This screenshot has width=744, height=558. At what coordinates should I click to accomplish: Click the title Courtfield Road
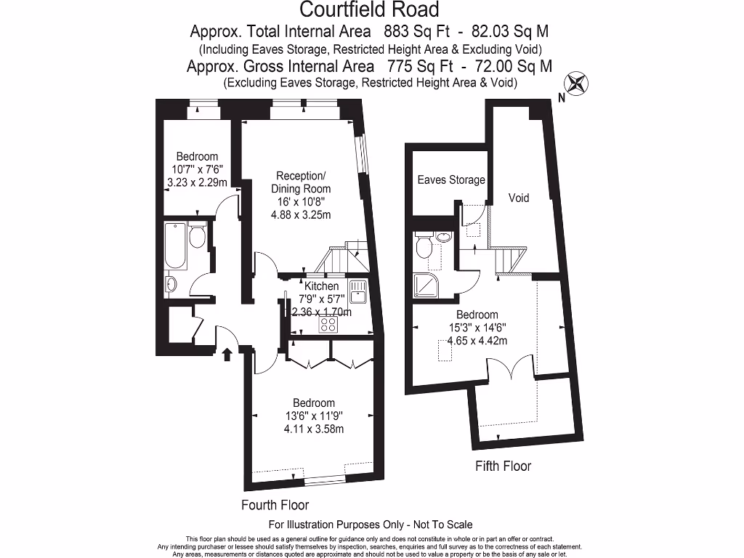click(x=370, y=9)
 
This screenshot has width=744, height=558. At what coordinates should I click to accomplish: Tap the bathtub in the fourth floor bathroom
click(x=175, y=245)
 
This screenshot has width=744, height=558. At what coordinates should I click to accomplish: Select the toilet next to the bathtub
click(x=197, y=236)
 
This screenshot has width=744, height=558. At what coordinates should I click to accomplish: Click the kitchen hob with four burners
click(x=328, y=325)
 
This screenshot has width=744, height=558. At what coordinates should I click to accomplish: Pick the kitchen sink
click(x=357, y=292)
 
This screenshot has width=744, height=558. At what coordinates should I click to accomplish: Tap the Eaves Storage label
click(x=450, y=179)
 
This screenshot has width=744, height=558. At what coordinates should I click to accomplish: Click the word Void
click(x=519, y=198)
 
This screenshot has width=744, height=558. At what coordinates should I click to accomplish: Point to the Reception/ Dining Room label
click(x=302, y=182)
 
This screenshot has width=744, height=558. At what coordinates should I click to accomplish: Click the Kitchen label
click(x=321, y=286)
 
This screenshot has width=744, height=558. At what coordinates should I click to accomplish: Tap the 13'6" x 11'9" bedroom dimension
click(x=313, y=416)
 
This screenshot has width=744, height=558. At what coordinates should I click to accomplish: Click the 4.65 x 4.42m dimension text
click(x=477, y=340)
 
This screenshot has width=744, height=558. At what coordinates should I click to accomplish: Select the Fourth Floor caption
click(x=275, y=505)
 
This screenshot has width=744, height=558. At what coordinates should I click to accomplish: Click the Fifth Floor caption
click(x=503, y=466)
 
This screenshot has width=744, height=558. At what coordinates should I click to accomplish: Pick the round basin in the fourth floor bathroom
click(x=171, y=284)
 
